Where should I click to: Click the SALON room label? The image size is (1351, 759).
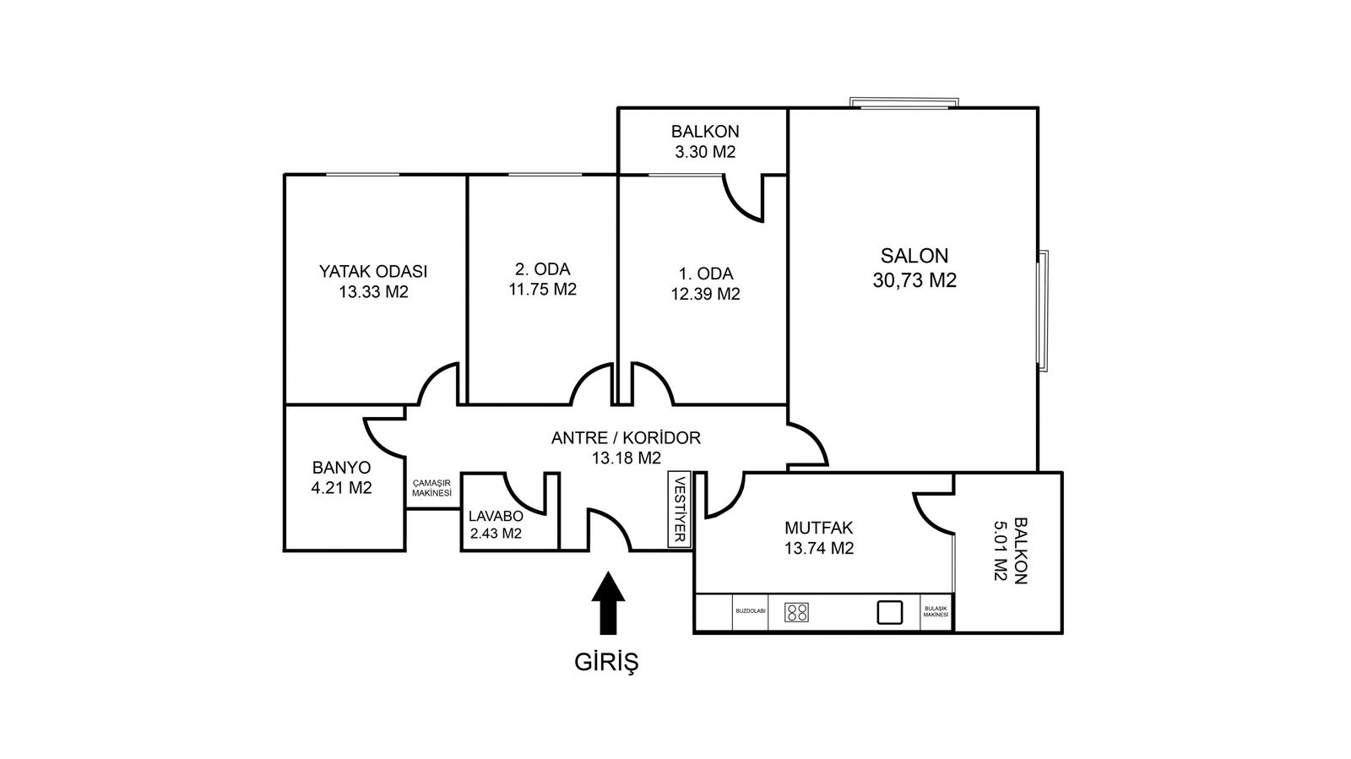914,256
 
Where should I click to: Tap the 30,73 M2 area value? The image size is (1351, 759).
914,280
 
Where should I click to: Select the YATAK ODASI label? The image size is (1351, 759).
372,271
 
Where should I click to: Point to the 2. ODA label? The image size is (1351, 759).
542,268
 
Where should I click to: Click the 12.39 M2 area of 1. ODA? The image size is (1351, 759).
706,294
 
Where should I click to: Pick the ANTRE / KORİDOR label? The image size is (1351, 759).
626,437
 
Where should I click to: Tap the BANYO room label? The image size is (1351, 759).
341,468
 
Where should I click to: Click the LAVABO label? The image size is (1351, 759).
496,516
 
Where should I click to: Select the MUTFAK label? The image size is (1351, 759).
818,529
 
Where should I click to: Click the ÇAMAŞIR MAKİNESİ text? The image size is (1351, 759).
431,488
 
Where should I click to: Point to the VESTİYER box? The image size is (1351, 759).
679,509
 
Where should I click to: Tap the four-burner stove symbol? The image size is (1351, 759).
797,612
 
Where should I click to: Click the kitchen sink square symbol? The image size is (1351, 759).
890,612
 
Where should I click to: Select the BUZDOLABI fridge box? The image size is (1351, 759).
751,612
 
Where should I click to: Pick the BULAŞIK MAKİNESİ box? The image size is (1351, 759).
936,612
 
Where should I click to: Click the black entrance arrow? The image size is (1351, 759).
608,603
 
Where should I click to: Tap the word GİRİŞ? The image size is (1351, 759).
606,663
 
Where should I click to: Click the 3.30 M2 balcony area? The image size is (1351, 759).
705,152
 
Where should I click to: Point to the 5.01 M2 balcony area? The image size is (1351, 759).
1001,551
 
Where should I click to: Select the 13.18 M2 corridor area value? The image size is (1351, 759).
626,458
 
